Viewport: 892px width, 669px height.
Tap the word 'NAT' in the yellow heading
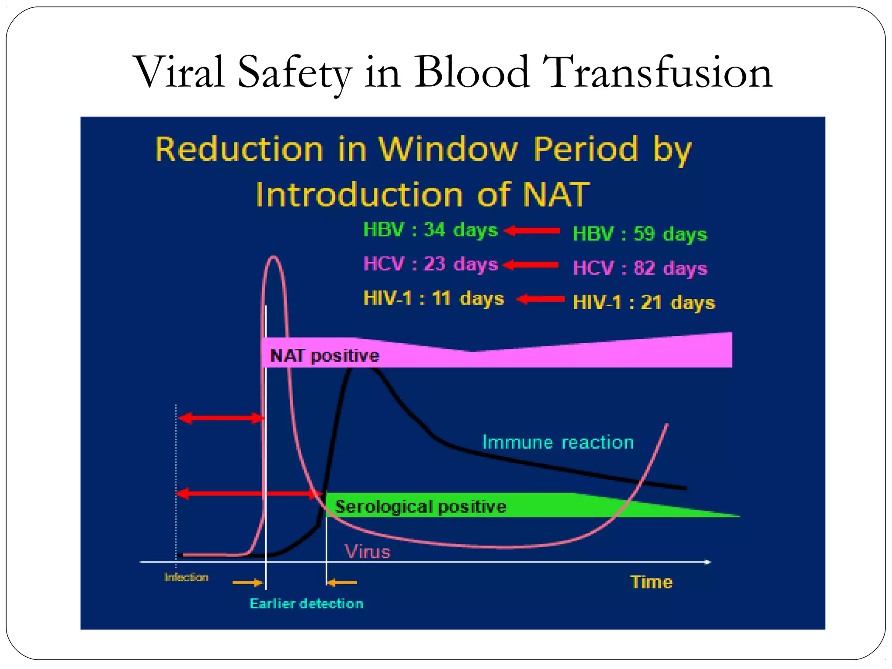[x=556, y=195]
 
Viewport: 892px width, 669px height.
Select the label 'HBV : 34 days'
[x=430, y=230]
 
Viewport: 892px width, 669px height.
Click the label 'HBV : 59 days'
[x=639, y=234]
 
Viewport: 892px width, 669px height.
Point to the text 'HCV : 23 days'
[x=430, y=264]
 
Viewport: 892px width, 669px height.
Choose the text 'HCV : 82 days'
[x=639, y=268]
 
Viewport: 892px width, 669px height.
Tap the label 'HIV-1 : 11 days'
[x=433, y=299]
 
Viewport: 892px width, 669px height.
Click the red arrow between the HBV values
[x=532, y=231]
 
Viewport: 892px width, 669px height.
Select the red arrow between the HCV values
[x=530, y=265]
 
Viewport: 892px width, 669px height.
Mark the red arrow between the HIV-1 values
[x=540, y=299]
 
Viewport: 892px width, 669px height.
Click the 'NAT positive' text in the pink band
[x=324, y=356]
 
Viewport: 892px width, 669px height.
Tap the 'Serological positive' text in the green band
[x=420, y=507]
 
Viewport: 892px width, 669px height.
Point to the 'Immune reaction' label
[x=557, y=443]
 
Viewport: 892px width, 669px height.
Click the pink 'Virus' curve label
[x=367, y=552]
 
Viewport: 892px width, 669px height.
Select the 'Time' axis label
[x=651, y=582]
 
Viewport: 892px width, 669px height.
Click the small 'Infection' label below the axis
[x=186, y=577]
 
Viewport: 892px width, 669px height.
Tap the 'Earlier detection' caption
[x=306, y=604]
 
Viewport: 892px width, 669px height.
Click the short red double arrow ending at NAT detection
[x=221, y=419]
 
